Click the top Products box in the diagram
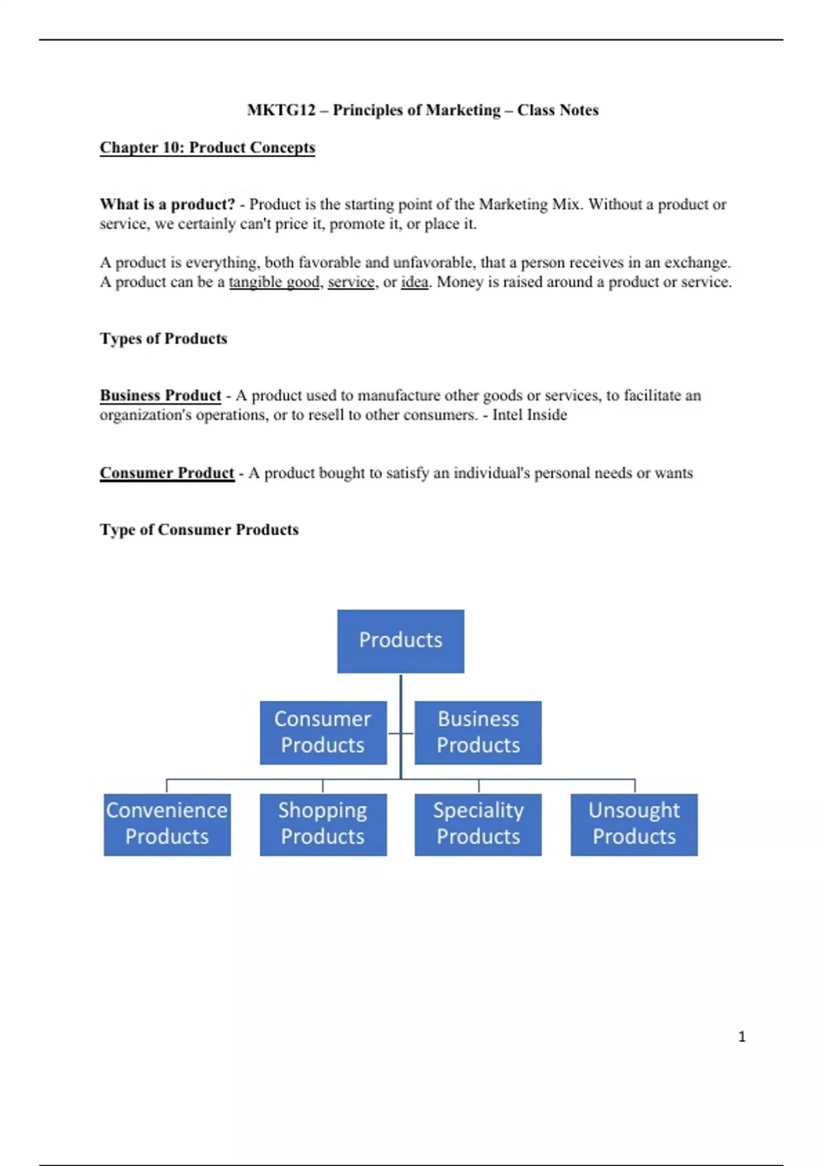pos(401,641)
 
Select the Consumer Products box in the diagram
pos(323,732)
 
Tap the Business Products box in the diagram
pos(478,732)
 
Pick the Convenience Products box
pos(167,824)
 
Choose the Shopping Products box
pos(323,824)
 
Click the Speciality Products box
pos(478,824)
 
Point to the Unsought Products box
pos(634,824)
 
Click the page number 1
pos(741,1036)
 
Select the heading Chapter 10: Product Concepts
pos(207,147)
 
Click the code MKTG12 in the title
pos(281,110)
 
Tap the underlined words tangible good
pos(274,282)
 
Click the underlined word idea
pos(414,282)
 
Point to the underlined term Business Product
pos(160,395)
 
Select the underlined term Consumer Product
pos(167,473)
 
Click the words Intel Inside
pos(529,414)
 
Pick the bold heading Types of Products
pos(163,338)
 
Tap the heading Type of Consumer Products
pos(199,530)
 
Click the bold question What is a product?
pos(167,204)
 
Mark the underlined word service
pos(351,282)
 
